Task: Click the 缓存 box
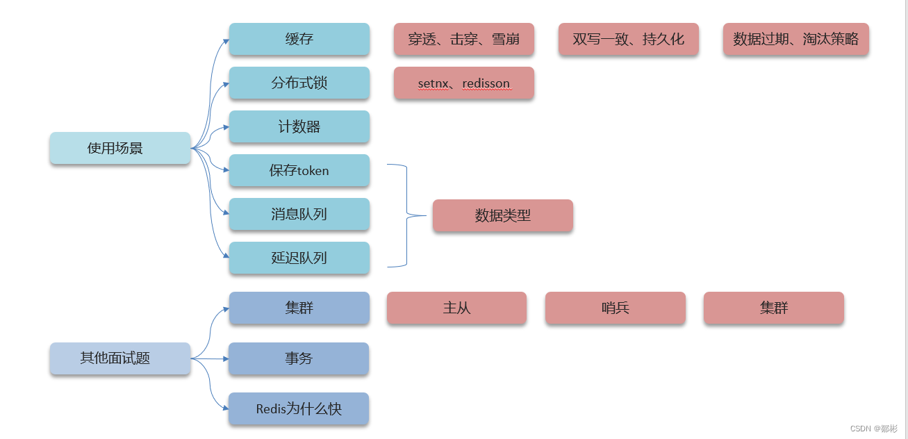tap(299, 40)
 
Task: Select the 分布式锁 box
tap(299, 83)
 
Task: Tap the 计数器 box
tap(299, 127)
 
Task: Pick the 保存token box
tap(299, 171)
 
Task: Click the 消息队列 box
tap(299, 215)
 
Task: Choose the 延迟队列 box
tap(299, 258)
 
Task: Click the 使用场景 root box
tap(119, 149)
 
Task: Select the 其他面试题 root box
tap(119, 359)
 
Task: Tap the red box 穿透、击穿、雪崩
tap(463, 40)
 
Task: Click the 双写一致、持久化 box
tap(628, 40)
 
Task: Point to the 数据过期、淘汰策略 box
tap(795, 40)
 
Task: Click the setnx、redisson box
tap(463, 83)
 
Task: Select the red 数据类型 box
tap(502, 216)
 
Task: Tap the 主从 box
tap(456, 308)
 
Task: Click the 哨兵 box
tap(615, 308)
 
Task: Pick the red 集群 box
tap(773, 308)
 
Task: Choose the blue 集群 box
tap(299, 308)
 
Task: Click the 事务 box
tap(299, 359)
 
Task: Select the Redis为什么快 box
tap(299, 409)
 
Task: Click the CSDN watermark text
tap(873, 429)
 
